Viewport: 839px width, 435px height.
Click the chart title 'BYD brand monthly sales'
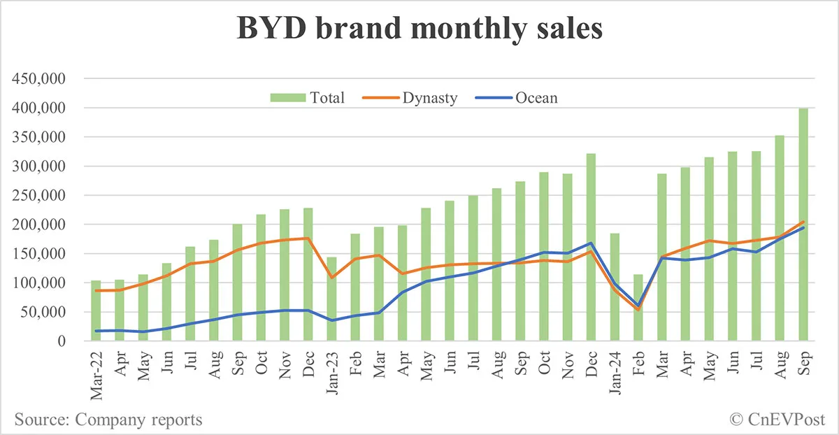point(419,29)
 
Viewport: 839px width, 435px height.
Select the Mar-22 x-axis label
point(96,373)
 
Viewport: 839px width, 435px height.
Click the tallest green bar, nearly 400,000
point(803,224)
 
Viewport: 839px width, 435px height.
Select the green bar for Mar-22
point(96,311)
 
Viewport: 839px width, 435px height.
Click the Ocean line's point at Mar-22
point(96,331)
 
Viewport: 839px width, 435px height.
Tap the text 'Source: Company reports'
point(108,420)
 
